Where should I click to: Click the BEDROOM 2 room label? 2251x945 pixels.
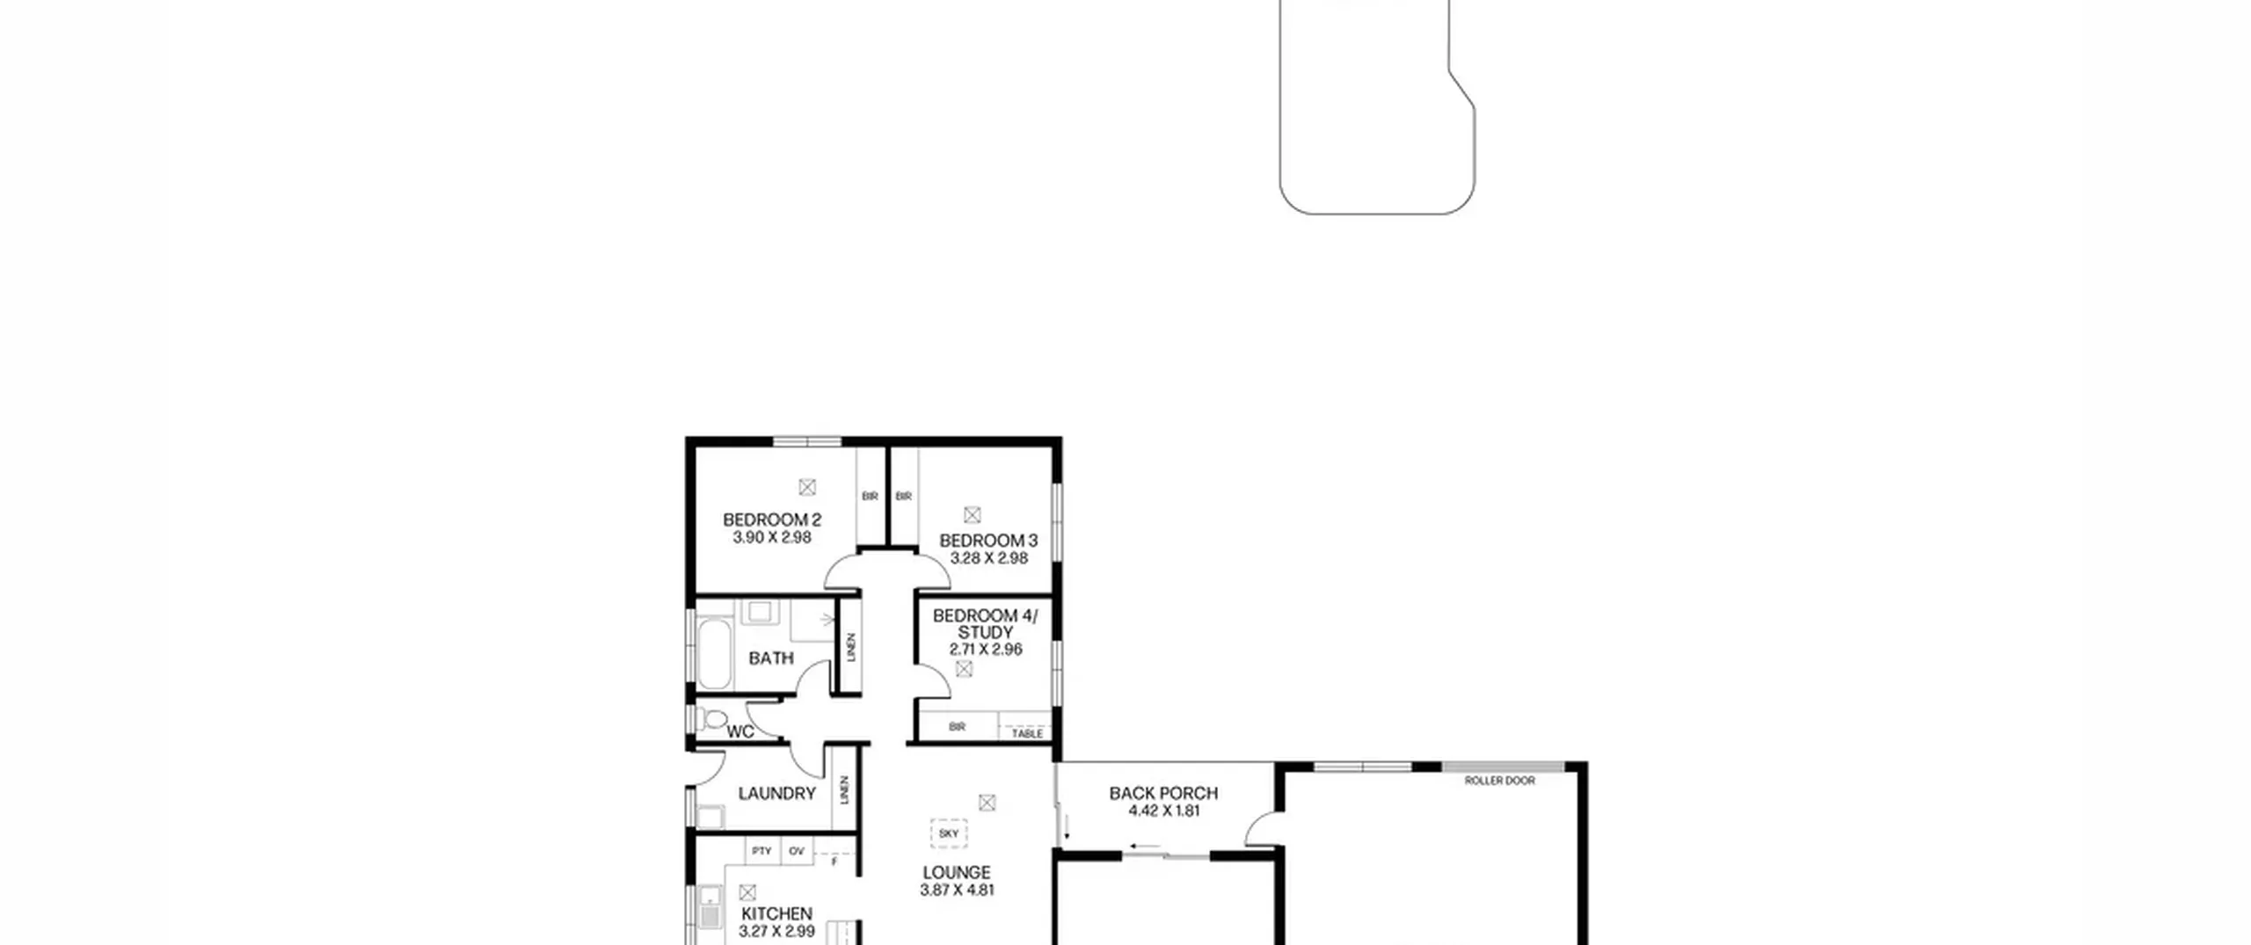coord(772,520)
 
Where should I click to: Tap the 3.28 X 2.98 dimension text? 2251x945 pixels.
coord(988,558)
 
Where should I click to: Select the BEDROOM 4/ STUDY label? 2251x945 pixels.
coord(985,624)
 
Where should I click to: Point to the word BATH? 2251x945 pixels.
coord(771,658)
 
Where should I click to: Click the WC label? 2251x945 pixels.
coord(740,731)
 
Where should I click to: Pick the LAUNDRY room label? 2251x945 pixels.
coord(777,794)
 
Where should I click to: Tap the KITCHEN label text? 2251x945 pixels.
coord(776,914)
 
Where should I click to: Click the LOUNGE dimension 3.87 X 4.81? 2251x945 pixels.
coord(957,890)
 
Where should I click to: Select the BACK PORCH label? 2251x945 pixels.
coord(1163,793)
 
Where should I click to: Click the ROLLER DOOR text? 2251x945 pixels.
coord(1500,781)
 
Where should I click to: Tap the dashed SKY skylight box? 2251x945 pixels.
coord(949,833)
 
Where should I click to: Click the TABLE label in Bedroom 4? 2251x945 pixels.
coord(1027,733)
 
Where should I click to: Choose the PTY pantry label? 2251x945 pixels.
coord(761,851)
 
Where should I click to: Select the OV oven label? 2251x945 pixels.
coord(797,851)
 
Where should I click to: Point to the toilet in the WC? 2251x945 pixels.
coord(714,721)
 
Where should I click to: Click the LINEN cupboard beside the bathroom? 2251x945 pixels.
coord(849,646)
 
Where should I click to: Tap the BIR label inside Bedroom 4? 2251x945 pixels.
coord(958,727)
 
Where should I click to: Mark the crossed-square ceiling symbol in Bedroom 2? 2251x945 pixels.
coord(807,486)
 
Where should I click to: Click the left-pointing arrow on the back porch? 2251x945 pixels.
coord(1145,848)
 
